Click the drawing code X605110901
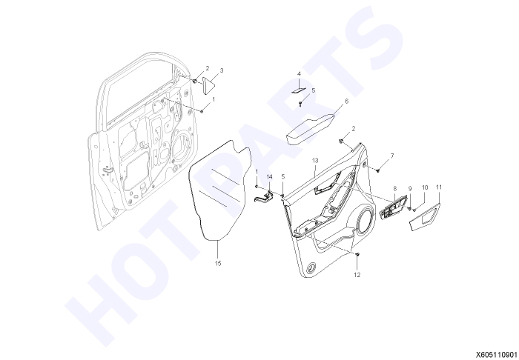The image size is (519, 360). point(497,354)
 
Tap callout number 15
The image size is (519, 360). point(218,264)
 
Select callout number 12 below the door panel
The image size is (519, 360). point(357,275)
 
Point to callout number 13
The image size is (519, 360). point(315,160)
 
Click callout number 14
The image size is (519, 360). point(269,177)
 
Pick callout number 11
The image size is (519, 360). point(439,187)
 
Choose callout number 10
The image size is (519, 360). point(425,187)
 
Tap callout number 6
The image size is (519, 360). point(346,101)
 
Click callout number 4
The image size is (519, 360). point(299,74)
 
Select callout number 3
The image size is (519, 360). point(222,70)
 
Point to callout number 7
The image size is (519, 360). point(392,156)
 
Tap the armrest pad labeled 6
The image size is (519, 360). point(311,129)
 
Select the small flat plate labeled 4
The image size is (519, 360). point(299,91)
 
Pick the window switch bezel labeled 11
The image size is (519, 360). point(426,216)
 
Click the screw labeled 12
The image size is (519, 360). point(357,255)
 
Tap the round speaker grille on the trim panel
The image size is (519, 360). point(366,221)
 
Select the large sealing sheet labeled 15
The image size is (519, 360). point(220,190)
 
